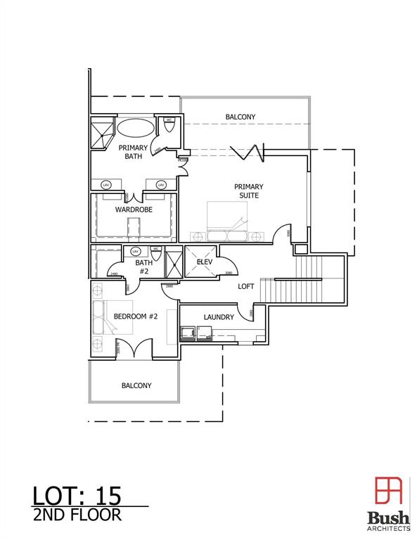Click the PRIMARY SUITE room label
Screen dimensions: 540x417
(248, 191)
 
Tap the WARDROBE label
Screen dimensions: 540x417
(134, 209)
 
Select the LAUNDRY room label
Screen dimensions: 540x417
(219, 317)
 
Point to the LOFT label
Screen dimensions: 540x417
(245, 286)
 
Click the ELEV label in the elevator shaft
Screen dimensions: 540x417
(205, 262)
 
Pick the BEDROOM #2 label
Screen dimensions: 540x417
(135, 316)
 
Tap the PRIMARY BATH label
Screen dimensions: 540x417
(132, 152)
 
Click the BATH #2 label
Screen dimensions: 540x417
(143, 267)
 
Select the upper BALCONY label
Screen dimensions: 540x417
(240, 117)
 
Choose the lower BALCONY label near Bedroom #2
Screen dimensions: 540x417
(136, 385)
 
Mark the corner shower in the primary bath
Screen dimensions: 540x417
(101, 131)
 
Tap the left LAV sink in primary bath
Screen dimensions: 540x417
(106, 184)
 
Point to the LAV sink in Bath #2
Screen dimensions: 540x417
(135, 251)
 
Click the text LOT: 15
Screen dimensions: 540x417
(77, 495)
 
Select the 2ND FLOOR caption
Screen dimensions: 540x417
(77, 515)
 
